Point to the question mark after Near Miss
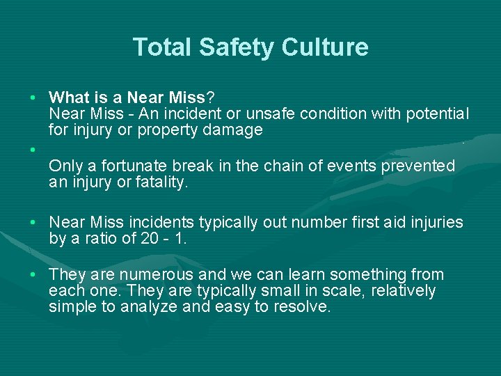pyautogui.click(x=210, y=97)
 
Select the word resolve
pyautogui.click(x=301, y=307)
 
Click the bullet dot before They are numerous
pyautogui.click(x=33, y=275)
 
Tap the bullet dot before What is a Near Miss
pyautogui.click(x=33, y=97)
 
